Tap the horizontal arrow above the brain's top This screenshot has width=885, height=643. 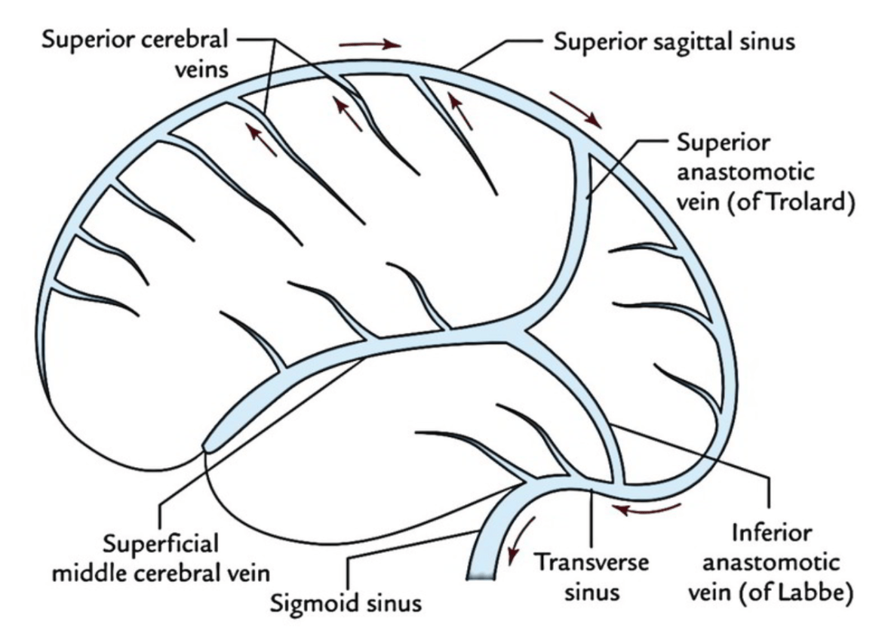click(370, 45)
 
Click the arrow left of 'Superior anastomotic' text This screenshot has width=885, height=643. click(576, 109)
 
